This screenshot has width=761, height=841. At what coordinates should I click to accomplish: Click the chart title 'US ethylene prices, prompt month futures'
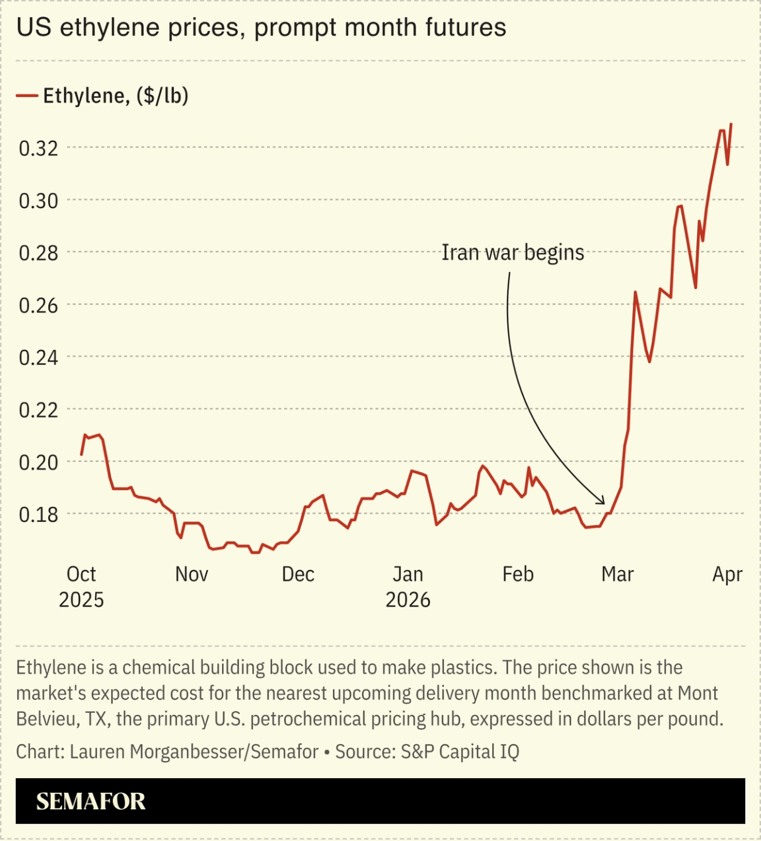(x=261, y=28)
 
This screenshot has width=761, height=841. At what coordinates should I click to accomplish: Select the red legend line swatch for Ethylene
(x=26, y=96)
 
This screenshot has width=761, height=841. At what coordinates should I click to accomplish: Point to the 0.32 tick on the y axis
(x=38, y=149)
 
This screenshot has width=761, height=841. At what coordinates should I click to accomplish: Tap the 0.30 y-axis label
(x=38, y=201)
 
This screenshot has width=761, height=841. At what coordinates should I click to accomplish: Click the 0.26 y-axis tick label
(x=38, y=305)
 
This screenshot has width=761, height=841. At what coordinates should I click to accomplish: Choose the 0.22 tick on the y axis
(x=38, y=410)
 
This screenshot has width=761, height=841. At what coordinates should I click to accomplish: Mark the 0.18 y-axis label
(x=38, y=514)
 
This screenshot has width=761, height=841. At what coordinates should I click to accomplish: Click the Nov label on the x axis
(x=192, y=574)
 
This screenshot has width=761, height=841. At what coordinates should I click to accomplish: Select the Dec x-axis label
(x=298, y=574)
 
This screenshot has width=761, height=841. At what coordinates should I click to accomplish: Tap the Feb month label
(x=518, y=574)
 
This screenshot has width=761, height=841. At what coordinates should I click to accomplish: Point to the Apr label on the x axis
(x=727, y=574)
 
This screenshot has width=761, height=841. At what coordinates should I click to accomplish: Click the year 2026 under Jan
(x=408, y=600)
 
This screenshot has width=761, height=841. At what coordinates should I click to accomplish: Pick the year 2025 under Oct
(x=81, y=600)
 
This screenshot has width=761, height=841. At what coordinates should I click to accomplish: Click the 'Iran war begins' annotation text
(x=513, y=252)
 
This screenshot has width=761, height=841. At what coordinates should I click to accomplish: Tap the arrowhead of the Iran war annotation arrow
(x=602, y=502)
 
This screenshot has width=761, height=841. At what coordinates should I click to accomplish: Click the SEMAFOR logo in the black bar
(x=91, y=801)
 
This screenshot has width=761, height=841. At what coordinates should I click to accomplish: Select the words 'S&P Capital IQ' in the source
(x=460, y=752)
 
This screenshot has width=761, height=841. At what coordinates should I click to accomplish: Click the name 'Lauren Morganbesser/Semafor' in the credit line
(x=194, y=752)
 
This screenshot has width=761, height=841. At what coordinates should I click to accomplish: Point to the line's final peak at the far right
(x=731, y=124)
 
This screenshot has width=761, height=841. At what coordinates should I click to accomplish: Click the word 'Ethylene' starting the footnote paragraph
(x=51, y=667)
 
